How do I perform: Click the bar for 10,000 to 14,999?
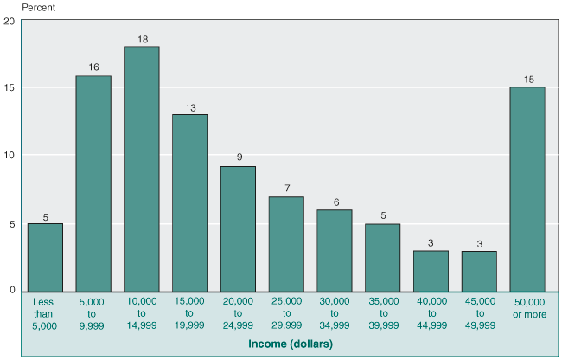coord(141,169)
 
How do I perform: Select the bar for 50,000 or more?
coord(527,189)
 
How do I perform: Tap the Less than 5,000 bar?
coord(45,257)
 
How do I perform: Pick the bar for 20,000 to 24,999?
coord(238,228)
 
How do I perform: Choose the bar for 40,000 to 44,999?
coord(431,270)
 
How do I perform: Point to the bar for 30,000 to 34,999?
coord(335,250)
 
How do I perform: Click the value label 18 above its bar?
coord(141,39)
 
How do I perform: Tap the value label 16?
coord(93,67)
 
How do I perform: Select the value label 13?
coord(189,107)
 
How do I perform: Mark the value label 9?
coord(238,158)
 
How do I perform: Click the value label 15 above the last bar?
coord(527,80)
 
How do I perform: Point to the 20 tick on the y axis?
coord(10,21)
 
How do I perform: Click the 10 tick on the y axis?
coord(10,156)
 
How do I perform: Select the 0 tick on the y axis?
coord(12,290)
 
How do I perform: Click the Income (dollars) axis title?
coord(286,344)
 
